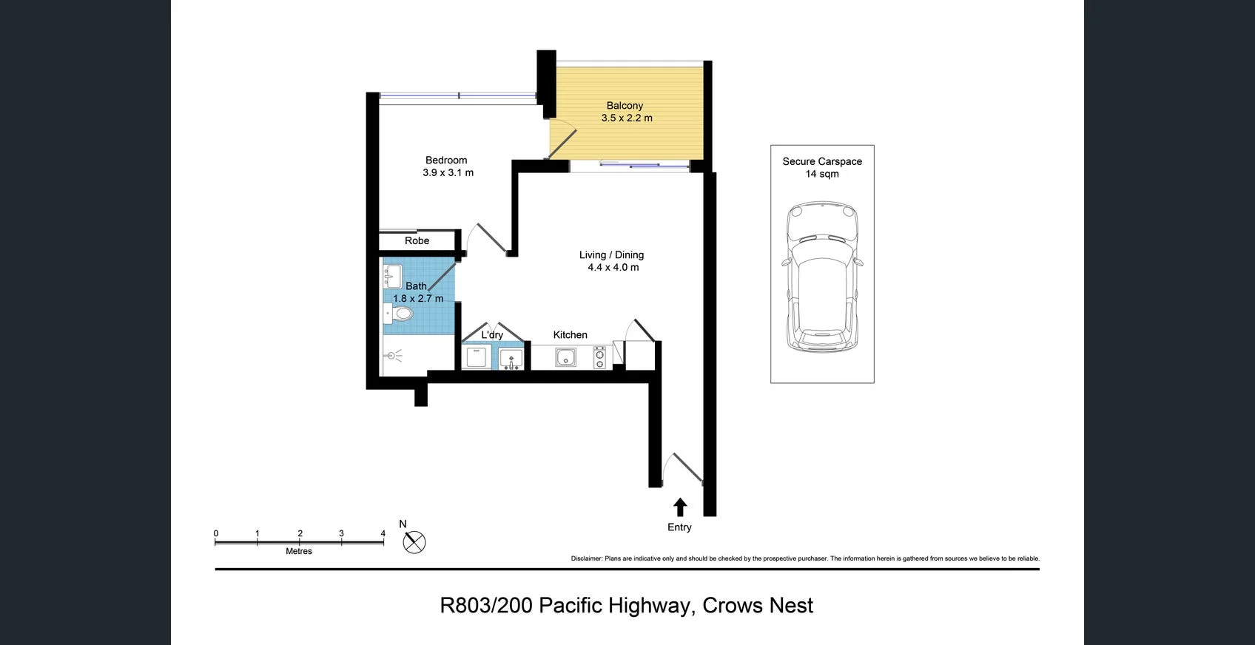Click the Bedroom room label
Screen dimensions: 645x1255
(446, 160)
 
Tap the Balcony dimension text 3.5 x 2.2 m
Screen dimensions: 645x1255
(627, 118)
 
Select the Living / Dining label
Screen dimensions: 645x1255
(611, 255)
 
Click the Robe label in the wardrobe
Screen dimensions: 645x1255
(417, 241)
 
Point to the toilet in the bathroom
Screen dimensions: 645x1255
(399, 314)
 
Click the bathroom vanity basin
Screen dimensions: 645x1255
(392, 277)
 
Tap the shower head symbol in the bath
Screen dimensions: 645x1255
(392, 357)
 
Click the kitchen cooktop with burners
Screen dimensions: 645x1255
(599, 358)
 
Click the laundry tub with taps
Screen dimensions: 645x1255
(511, 359)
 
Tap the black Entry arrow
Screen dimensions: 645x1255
(680, 507)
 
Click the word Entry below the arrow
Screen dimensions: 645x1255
(679, 527)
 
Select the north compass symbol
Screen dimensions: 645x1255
(414, 542)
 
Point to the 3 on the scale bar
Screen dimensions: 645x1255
(341, 533)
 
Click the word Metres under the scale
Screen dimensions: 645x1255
(299, 552)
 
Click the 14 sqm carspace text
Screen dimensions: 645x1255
(822, 175)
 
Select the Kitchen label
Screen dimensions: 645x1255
(570, 335)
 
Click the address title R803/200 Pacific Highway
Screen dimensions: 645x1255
(626, 606)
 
